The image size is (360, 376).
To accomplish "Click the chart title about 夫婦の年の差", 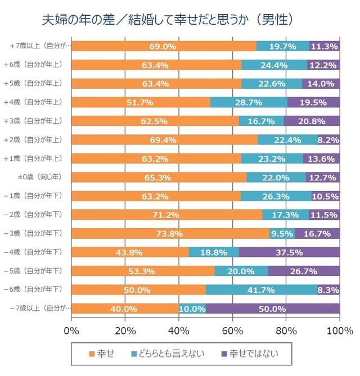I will (x=169, y=20).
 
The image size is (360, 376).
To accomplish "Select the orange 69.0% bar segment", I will (x=164, y=46).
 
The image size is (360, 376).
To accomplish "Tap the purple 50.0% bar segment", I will (x=272, y=309).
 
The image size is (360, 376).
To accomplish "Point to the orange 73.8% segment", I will (x=170, y=233).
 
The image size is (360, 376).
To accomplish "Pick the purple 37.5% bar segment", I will (x=289, y=252).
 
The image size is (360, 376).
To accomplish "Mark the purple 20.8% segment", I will (x=312, y=121).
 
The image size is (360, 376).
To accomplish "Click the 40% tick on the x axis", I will (x=179, y=329).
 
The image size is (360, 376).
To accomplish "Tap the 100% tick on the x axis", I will (x=339, y=329).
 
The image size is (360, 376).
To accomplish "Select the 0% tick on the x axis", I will (x=72, y=329).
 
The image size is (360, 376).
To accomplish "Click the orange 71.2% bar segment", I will (x=167, y=215).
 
